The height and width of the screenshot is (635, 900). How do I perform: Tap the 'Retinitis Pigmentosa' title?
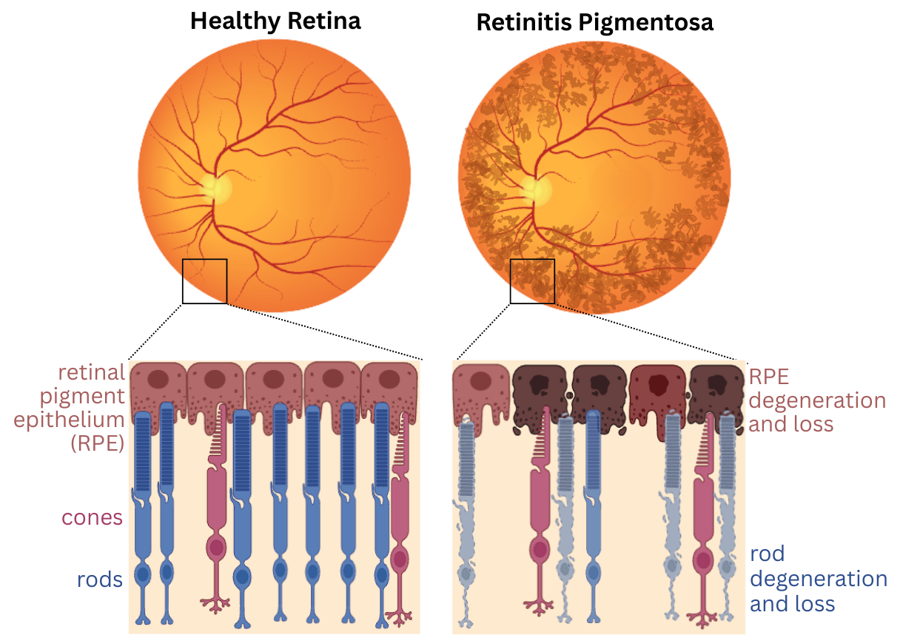[x=594, y=22]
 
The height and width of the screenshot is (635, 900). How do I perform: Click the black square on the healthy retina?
[x=204, y=280]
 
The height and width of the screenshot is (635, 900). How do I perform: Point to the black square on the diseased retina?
[x=532, y=280]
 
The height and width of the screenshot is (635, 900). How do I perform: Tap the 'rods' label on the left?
[x=100, y=579]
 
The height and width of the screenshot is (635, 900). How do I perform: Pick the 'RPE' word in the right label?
[x=770, y=376]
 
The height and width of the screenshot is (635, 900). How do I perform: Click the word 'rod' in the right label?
[x=767, y=554]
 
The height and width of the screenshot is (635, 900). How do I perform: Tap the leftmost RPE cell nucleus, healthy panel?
[x=158, y=380]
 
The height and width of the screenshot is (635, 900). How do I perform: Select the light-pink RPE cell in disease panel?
[x=480, y=385]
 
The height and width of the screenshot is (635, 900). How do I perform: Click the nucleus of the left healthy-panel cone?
[x=216, y=548]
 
